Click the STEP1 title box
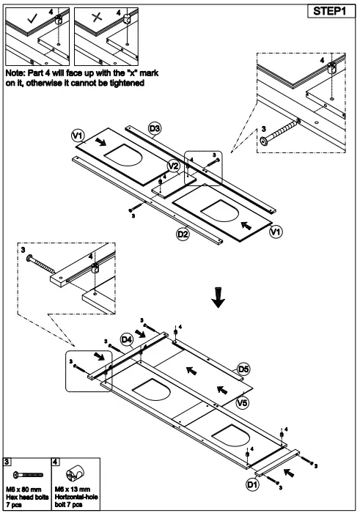tap(329, 12)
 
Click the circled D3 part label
tap(155, 129)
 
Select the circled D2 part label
tap(183, 234)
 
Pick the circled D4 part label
tap(126, 339)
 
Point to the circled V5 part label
tap(242, 402)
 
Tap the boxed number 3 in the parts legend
tap(7, 462)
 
